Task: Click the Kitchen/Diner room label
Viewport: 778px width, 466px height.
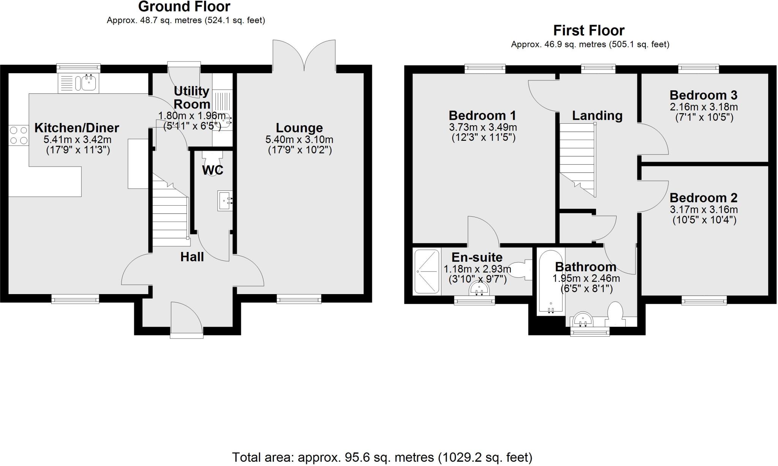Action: pos(77,128)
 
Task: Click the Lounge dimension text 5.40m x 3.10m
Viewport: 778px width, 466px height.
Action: pos(299,140)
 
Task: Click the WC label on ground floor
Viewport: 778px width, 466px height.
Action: pos(212,170)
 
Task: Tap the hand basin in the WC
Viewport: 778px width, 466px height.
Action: pos(225,201)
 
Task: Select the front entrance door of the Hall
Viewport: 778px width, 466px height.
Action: pos(186,319)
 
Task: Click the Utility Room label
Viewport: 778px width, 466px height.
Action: pos(192,98)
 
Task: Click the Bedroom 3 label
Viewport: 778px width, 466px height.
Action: pos(703,95)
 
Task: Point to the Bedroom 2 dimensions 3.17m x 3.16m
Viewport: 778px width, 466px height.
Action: pos(704,209)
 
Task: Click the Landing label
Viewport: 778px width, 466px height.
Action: pos(597,115)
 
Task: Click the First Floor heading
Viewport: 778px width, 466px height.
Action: pos(588,30)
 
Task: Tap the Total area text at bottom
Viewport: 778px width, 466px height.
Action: pos(382,457)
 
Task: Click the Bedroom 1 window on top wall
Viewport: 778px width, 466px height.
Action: pos(485,69)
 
